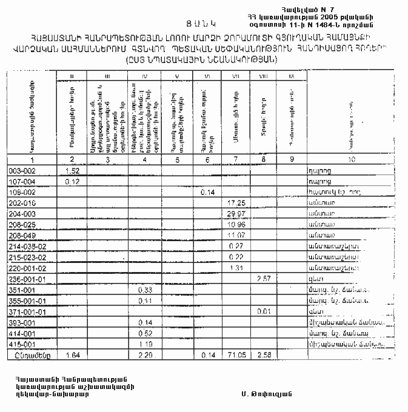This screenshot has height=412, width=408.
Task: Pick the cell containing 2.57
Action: (263, 279)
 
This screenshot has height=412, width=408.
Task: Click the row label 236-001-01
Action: (26, 279)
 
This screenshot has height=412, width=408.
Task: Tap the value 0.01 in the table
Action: (263, 312)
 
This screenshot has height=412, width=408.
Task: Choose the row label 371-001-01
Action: (26, 312)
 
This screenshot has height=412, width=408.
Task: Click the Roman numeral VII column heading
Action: (234, 76)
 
